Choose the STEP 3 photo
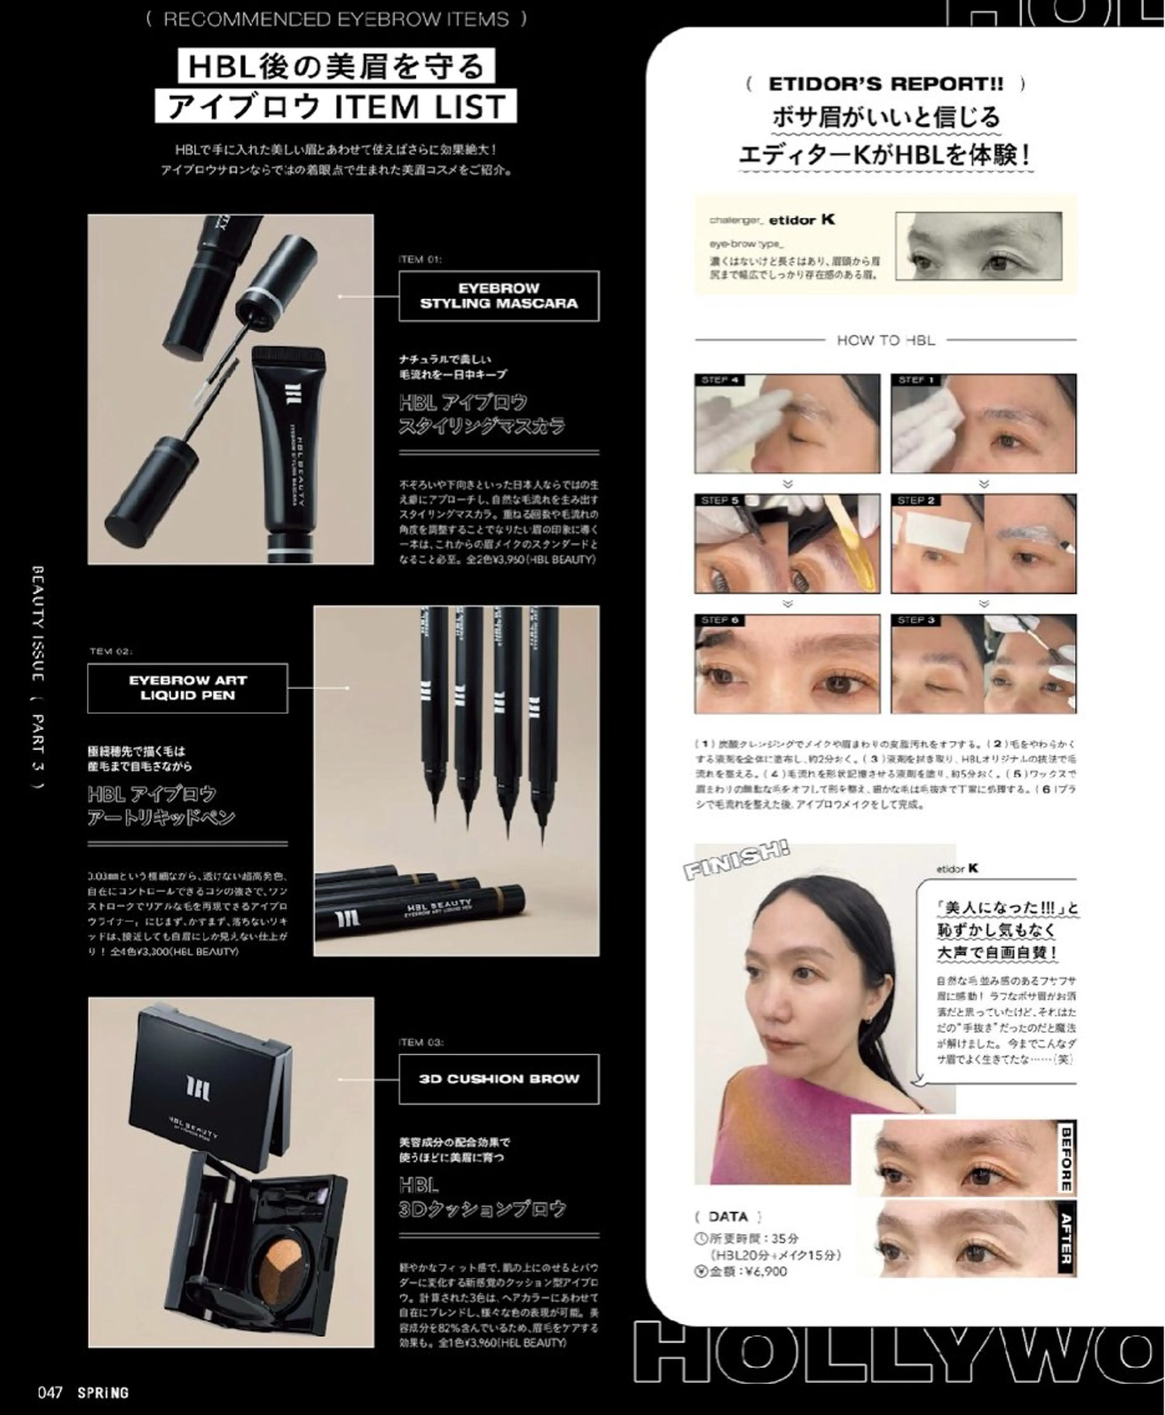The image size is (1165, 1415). coord(983,664)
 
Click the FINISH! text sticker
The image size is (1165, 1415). coord(736,861)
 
